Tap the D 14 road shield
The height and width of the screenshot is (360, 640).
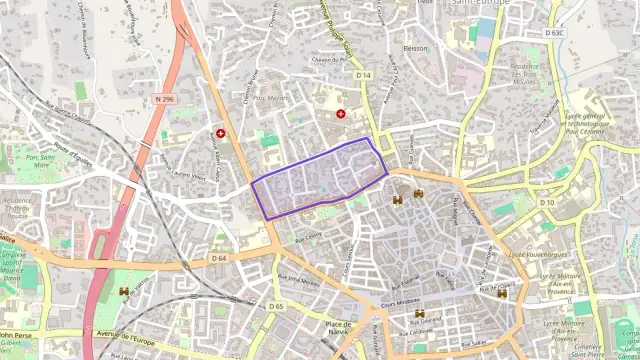click(x=363, y=75)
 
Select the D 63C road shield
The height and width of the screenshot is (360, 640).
click(x=554, y=32)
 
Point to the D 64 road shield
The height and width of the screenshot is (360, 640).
click(x=219, y=259)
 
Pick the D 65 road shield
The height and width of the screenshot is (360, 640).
click(x=276, y=306)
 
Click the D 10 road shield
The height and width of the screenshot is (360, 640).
click(x=547, y=203)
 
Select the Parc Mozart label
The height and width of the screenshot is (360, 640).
click(x=270, y=99)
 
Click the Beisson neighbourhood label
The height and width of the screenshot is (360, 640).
click(x=415, y=48)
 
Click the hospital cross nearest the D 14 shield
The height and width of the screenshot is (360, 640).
click(x=342, y=114)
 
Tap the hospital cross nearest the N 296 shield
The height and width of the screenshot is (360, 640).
click(x=221, y=132)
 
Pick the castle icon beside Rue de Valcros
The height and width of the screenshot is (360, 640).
click(x=124, y=291)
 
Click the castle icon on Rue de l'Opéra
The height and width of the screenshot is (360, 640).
click(x=503, y=293)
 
